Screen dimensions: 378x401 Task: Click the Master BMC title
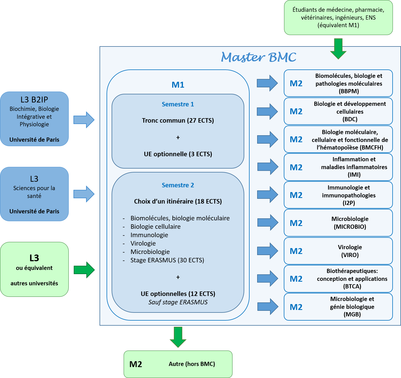coord(258,57)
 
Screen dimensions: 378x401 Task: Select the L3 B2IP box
coord(34,119)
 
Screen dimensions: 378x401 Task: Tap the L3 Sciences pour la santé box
coord(34,194)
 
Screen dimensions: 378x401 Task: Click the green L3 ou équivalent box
coord(34,269)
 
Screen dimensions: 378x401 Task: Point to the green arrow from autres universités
coord(84,270)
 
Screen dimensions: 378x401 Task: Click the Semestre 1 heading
coord(178,104)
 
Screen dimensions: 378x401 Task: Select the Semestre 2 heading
coord(178,185)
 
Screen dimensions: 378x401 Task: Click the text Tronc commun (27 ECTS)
coord(178,120)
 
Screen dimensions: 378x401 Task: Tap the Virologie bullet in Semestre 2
coord(143,243)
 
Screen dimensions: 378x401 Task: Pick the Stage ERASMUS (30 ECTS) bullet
coord(167,260)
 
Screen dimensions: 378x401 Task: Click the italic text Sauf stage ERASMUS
coord(178,302)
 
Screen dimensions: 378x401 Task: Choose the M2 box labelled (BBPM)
coord(338,83)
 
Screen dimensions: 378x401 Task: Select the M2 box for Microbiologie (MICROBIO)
coord(338,223)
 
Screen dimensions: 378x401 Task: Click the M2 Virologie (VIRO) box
coord(338,251)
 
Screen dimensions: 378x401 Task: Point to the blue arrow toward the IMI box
coord(268,167)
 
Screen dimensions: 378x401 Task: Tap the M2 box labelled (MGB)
coord(338,307)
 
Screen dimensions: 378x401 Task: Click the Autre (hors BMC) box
coord(178,364)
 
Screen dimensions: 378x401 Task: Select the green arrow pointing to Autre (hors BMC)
coord(178,337)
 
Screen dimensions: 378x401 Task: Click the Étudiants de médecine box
coord(338,17)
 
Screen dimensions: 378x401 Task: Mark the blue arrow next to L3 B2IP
coord(84,120)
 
